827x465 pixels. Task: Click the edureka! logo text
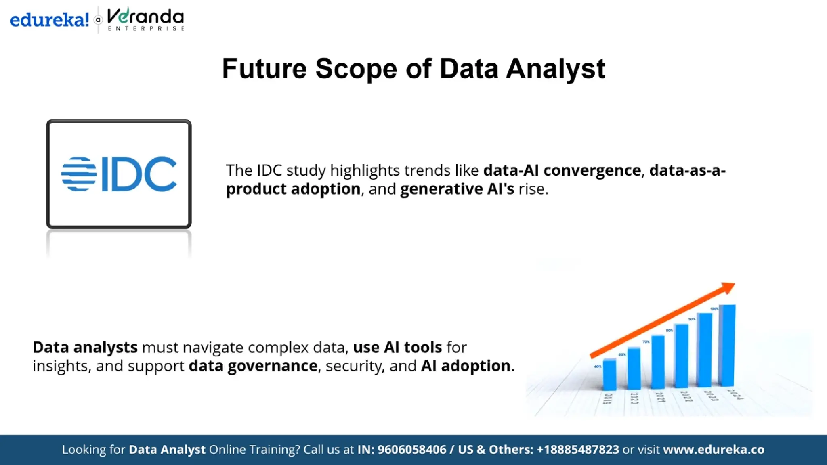[49, 19]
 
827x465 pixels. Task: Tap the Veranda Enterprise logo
[145, 19]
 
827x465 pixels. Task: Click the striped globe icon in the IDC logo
[79, 174]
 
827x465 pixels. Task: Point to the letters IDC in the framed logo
[139, 174]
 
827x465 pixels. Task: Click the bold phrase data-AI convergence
[562, 170]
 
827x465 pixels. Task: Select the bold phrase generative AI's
[457, 189]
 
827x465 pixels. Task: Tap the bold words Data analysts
[85, 347]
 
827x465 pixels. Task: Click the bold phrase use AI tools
[397, 347]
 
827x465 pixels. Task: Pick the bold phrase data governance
[253, 366]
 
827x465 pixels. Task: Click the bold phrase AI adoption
[466, 366]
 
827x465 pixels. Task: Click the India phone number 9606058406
[411, 450]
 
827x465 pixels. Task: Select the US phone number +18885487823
[577, 450]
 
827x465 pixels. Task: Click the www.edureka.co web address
[714, 450]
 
